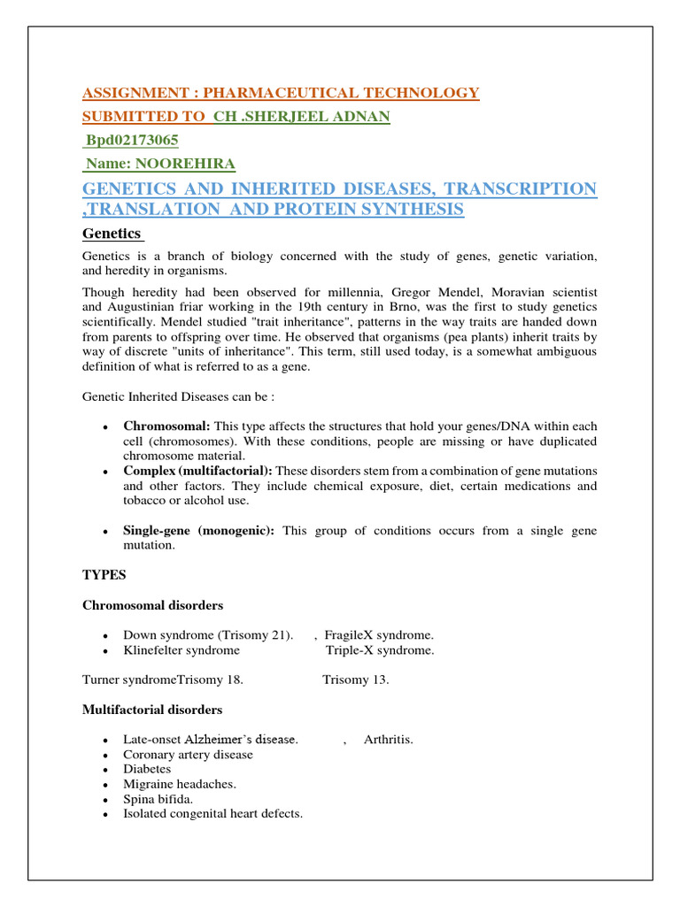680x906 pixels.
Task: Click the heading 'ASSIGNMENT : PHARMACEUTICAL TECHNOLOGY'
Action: pyautogui.click(x=281, y=93)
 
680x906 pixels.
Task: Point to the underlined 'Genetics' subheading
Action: pyautogui.click(x=112, y=234)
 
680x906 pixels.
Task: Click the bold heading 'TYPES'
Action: pyautogui.click(x=104, y=575)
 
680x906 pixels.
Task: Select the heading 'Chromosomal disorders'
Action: pyautogui.click(x=152, y=605)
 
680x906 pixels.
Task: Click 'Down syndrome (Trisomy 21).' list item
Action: pyautogui.click(x=208, y=635)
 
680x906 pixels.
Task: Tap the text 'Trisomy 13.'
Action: pyautogui.click(x=355, y=680)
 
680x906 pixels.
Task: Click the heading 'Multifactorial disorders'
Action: pyautogui.click(x=152, y=710)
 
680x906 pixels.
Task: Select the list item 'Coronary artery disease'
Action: pyautogui.click(x=188, y=755)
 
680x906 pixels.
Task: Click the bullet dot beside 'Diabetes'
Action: pyautogui.click(x=104, y=770)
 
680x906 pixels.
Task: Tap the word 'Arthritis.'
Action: pyautogui.click(x=388, y=740)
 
